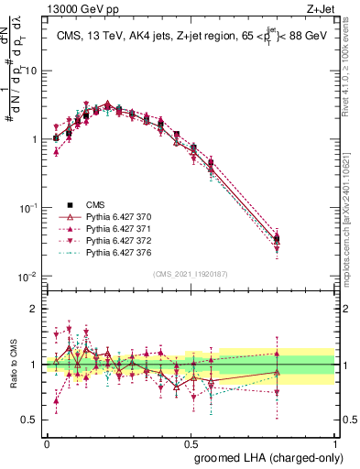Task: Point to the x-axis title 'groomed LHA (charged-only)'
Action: (x=265, y=455)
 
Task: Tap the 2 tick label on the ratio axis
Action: (x=34, y=309)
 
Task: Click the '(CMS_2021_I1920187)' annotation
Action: (x=191, y=272)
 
